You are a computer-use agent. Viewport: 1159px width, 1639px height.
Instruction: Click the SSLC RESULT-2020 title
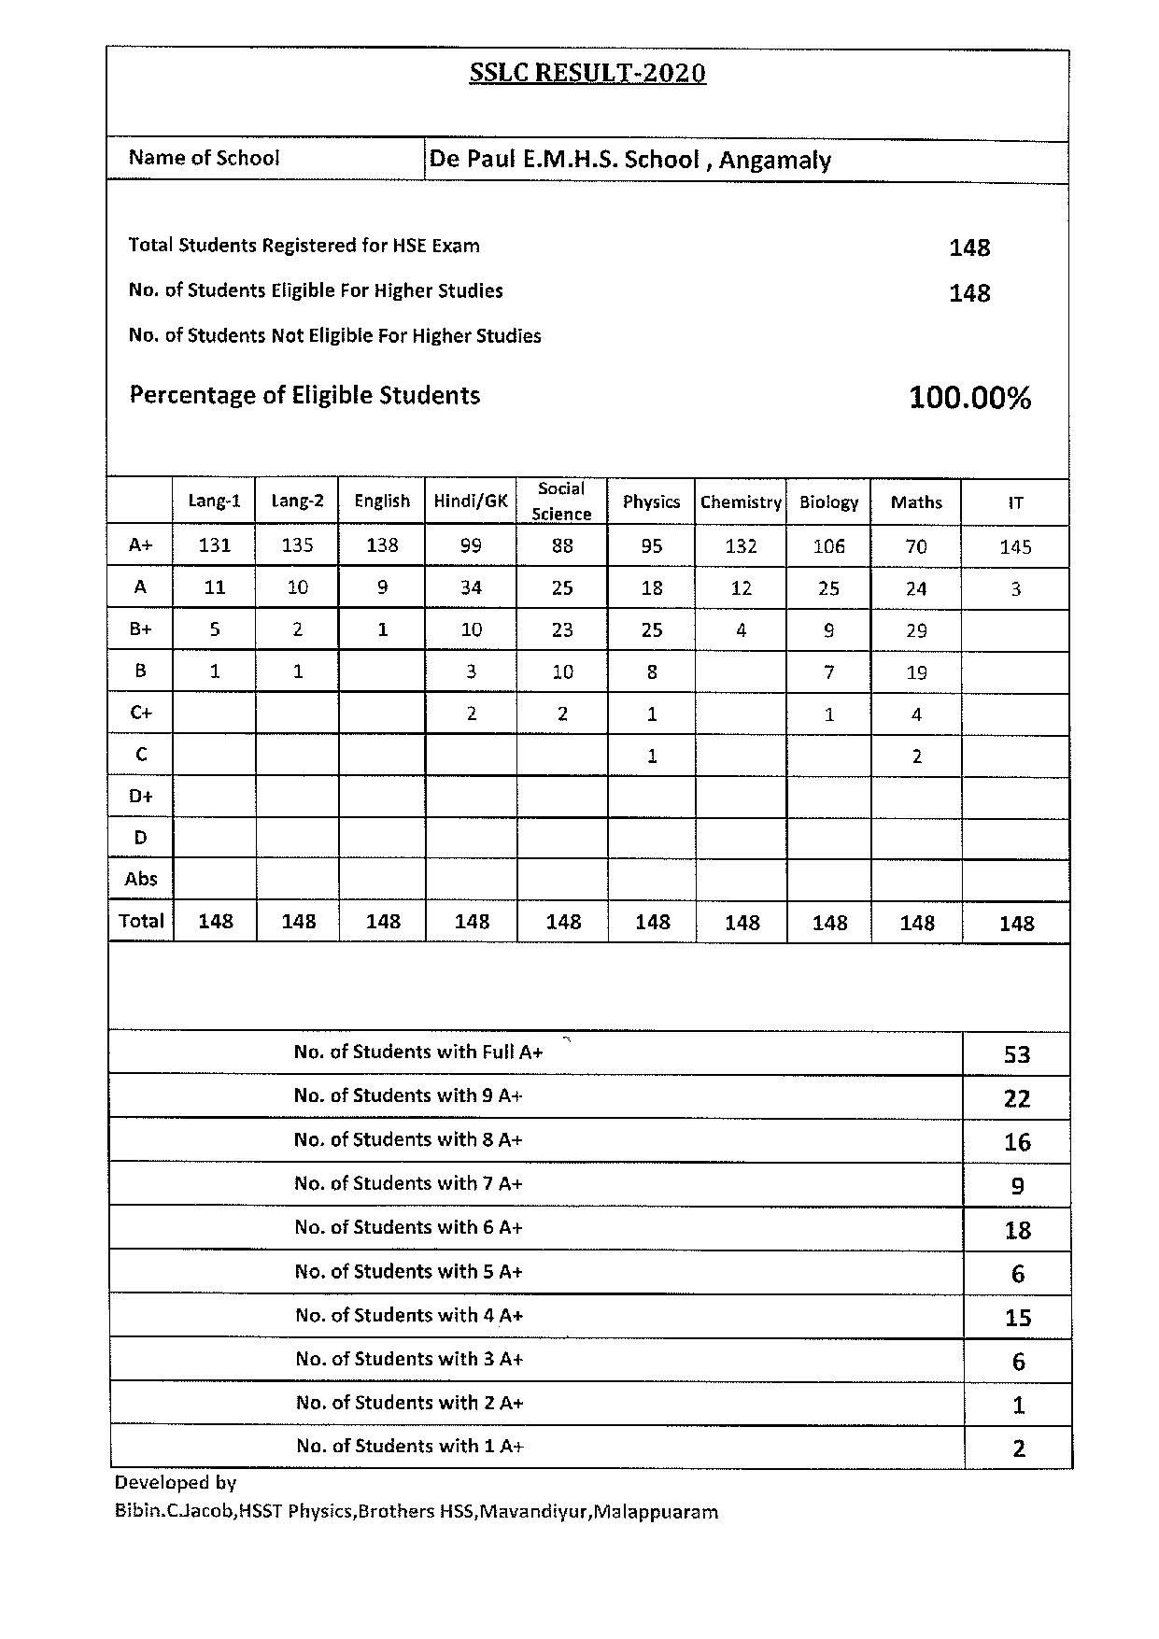(x=587, y=74)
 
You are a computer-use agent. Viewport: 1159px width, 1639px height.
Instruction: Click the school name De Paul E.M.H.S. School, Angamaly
(x=629, y=160)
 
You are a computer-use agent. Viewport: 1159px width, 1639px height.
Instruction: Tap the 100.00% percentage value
(x=969, y=399)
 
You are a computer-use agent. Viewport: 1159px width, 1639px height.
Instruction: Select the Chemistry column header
(x=741, y=502)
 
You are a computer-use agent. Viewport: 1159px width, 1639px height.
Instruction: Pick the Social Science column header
(x=561, y=502)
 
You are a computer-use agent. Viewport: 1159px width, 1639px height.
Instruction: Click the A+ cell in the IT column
(x=1015, y=547)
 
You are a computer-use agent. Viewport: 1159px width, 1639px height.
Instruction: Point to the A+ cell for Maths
(x=916, y=546)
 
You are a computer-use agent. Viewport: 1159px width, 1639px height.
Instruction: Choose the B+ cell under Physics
(x=652, y=630)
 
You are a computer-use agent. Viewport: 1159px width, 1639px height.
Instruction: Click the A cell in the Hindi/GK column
(x=471, y=588)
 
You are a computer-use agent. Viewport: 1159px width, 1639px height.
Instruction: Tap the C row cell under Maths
(x=916, y=756)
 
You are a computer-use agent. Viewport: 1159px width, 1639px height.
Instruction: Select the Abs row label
(x=141, y=879)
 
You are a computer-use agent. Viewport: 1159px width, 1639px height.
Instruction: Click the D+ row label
(x=141, y=797)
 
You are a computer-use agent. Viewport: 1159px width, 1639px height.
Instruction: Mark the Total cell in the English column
(x=383, y=922)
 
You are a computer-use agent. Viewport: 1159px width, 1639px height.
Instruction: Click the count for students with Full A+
(x=1016, y=1055)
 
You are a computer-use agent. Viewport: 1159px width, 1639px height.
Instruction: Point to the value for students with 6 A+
(x=1017, y=1230)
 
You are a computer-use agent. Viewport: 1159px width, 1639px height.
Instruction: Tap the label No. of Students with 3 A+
(x=409, y=1359)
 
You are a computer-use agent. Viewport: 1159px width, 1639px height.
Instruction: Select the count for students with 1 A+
(x=1018, y=1448)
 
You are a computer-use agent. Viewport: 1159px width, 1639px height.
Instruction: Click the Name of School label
(x=204, y=158)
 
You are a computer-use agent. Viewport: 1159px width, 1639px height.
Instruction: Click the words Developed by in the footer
(x=176, y=1483)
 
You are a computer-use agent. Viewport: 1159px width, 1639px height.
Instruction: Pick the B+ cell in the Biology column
(x=828, y=630)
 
